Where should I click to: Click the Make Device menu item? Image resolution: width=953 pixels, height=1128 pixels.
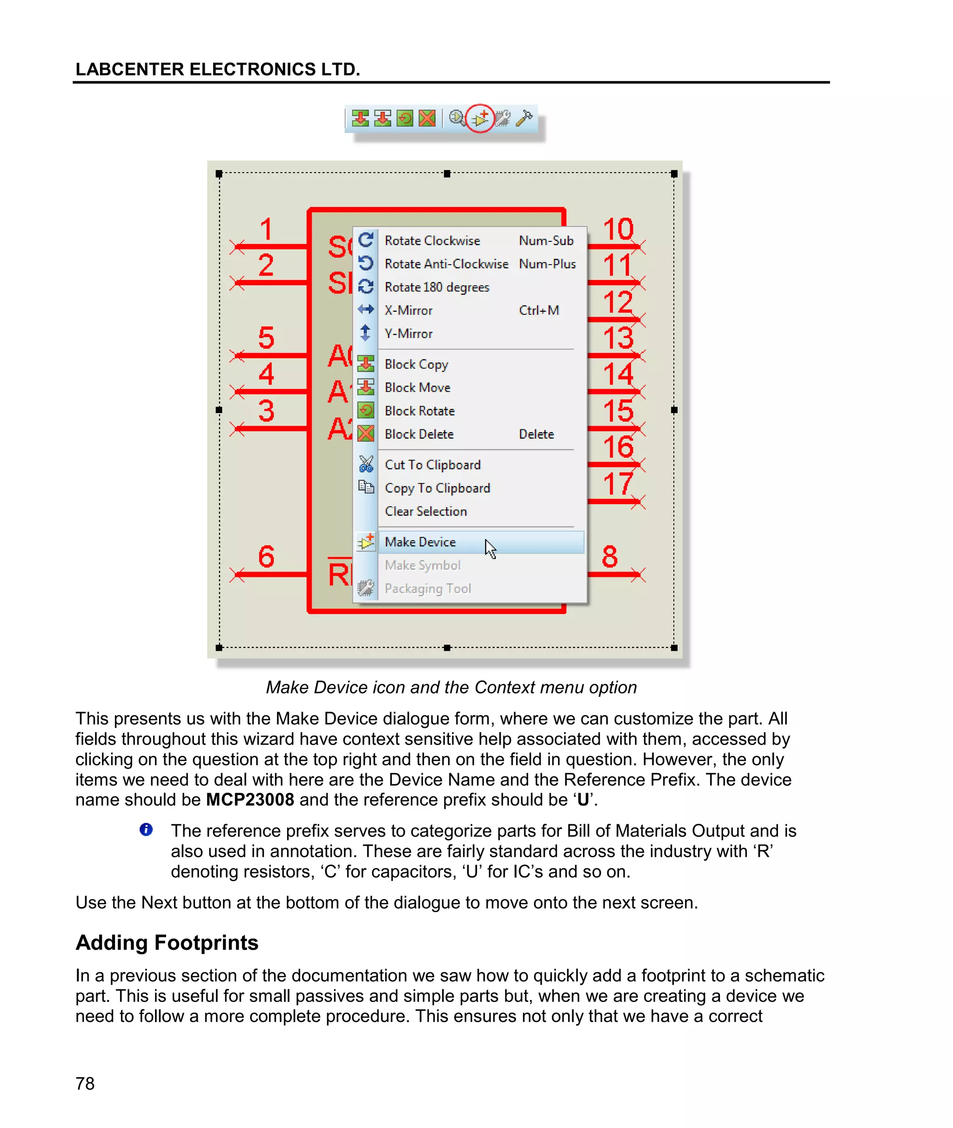click(x=420, y=541)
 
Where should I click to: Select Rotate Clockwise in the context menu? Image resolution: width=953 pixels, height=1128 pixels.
click(x=432, y=240)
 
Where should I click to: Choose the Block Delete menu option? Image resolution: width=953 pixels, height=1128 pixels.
click(x=419, y=434)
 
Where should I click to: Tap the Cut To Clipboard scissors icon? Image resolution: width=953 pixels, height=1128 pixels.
click(x=366, y=464)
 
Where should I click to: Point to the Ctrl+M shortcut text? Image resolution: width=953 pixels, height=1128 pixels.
click(x=539, y=310)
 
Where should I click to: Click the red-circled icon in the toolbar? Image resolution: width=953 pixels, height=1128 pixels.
click(x=480, y=118)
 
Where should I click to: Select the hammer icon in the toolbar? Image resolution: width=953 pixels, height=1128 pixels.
click(x=524, y=118)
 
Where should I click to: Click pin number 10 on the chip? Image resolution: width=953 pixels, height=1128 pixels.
click(x=617, y=229)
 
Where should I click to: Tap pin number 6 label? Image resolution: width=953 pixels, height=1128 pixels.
click(x=266, y=556)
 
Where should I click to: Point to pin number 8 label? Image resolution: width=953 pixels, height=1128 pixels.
click(x=610, y=556)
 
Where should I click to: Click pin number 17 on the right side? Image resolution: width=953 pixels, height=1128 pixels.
click(x=617, y=483)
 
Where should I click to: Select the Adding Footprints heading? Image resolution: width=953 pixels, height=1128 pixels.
click(x=167, y=942)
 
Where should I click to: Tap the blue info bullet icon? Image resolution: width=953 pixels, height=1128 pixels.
click(x=146, y=829)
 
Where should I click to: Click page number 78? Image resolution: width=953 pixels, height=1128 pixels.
click(x=85, y=1083)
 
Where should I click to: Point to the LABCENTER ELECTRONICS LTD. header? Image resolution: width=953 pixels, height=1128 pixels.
click(x=217, y=69)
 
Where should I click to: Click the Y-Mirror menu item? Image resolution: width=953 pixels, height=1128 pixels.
click(x=409, y=333)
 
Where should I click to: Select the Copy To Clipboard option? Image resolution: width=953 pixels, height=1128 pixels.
click(x=437, y=487)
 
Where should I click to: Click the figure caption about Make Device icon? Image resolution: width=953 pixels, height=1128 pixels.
click(x=451, y=687)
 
